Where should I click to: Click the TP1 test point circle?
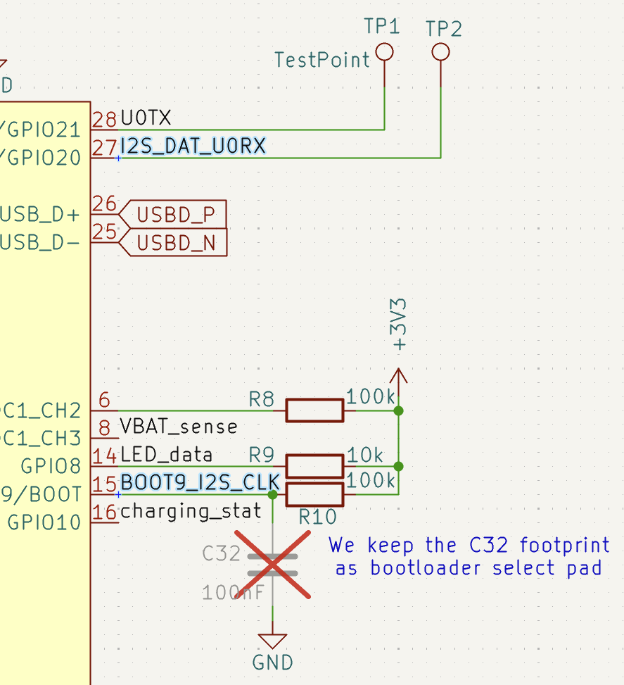pyautogui.click(x=384, y=52)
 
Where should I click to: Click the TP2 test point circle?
pyautogui.click(x=440, y=52)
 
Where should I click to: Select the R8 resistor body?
pyautogui.click(x=314, y=410)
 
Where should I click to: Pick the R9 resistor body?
pyautogui.click(x=314, y=466)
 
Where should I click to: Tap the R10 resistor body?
pyautogui.click(x=314, y=494)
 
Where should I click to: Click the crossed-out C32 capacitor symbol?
pyautogui.click(x=272, y=565)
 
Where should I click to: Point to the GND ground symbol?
pyautogui.click(x=272, y=641)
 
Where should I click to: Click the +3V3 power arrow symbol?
pyautogui.click(x=398, y=377)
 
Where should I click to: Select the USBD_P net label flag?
pyautogui.click(x=175, y=214)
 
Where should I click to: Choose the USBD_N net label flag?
pyautogui.click(x=175, y=243)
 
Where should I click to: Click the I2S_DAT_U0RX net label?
pyautogui.click(x=193, y=146)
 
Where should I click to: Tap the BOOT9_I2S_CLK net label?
pyautogui.click(x=200, y=483)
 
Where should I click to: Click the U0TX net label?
pyautogui.click(x=146, y=118)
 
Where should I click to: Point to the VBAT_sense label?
pyautogui.click(x=179, y=427)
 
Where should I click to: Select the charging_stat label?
pyautogui.click(x=191, y=511)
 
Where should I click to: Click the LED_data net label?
pyautogui.click(x=167, y=455)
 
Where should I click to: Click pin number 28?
pyautogui.click(x=105, y=119)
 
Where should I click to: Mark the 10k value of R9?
pyautogui.click(x=364, y=455)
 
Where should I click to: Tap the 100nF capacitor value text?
pyautogui.click(x=233, y=593)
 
